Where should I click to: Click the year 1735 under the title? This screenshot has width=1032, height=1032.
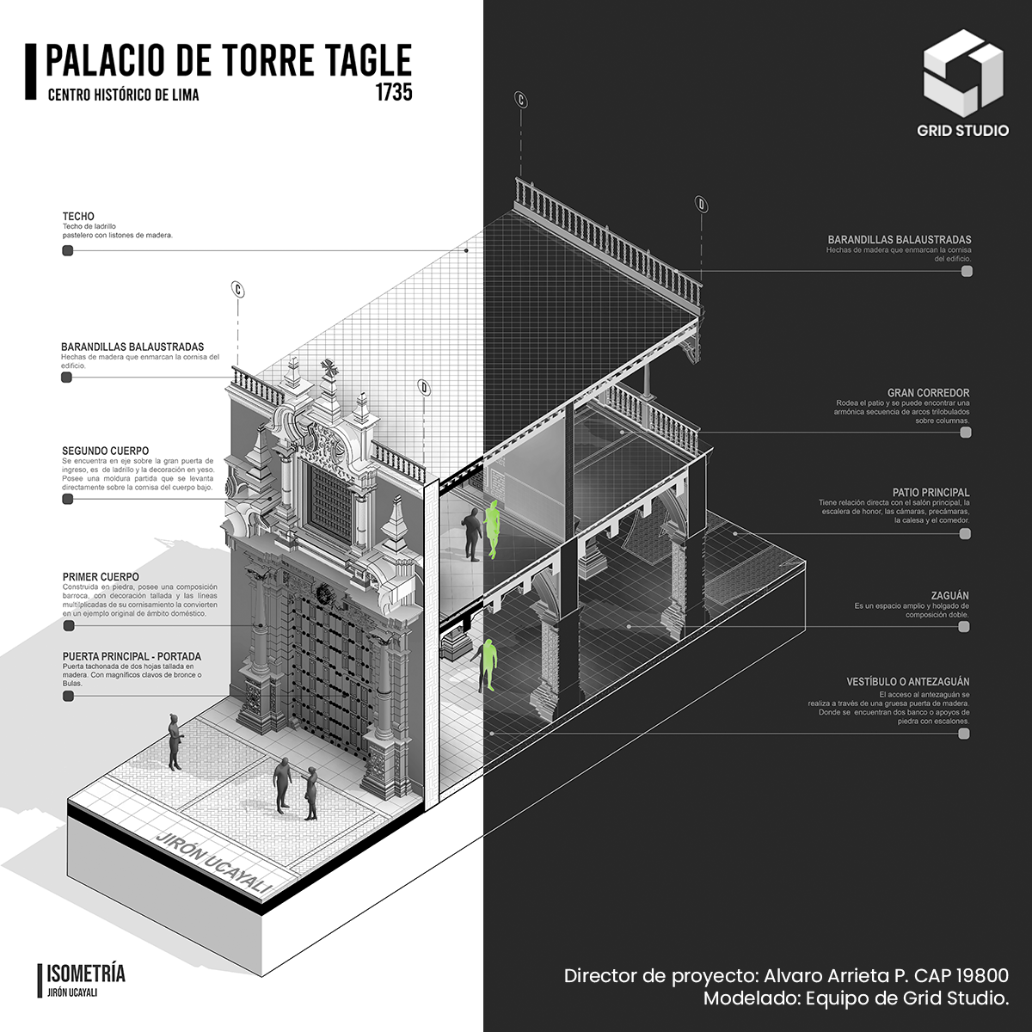click(393, 92)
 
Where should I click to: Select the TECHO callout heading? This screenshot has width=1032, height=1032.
click(78, 216)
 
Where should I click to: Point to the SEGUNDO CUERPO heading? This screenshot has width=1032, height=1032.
click(105, 451)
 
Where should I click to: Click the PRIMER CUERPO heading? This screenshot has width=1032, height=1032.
click(101, 577)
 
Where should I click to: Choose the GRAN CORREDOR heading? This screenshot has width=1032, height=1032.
click(928, 393)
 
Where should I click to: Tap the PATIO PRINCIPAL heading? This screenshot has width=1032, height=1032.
click(931, 493)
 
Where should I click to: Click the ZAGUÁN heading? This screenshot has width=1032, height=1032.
click(949, 595)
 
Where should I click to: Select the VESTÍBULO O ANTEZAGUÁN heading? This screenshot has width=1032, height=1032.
click(907, 682)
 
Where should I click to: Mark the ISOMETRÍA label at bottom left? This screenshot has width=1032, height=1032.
click(85, 974)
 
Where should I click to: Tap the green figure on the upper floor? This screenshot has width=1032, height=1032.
click(493, 529)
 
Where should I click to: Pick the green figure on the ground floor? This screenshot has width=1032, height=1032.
click(488, 664)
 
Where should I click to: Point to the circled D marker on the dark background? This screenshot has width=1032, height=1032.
click(702, 205)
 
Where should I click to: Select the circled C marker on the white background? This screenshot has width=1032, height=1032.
click(237, 290)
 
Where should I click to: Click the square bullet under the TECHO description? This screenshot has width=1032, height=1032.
click(67, 251)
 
